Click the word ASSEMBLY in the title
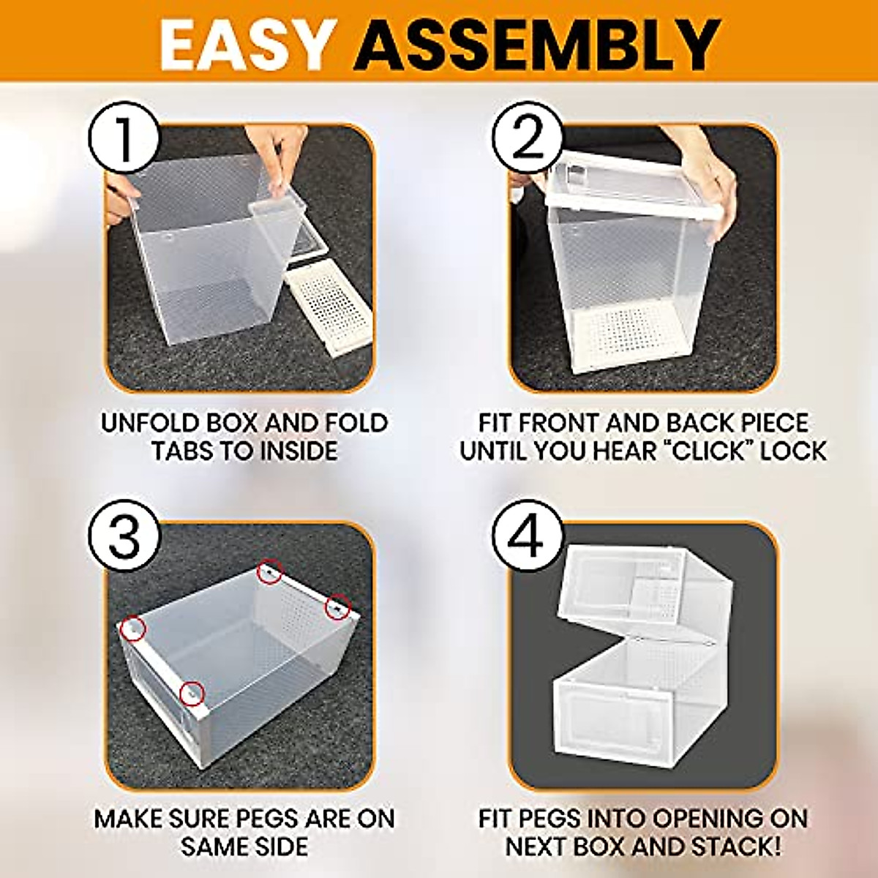(x=539, y=45)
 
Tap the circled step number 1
(x=124, y=138)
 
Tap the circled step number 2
(x=527, y=138)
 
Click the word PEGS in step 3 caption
(x=274, y=818)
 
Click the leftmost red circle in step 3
(x=133, y=629)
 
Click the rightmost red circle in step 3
(x=337, y=606)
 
